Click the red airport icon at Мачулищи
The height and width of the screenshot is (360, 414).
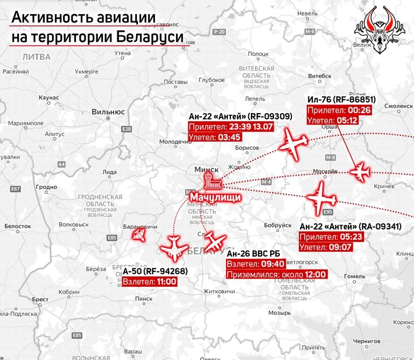[x=207, y=181]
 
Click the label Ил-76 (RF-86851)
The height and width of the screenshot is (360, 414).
[x=341, y=100]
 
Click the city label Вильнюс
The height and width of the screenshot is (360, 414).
[x=108, y=112]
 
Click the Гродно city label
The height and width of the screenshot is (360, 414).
[x=46, y=187]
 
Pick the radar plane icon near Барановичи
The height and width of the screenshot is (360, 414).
[x=141, y=234]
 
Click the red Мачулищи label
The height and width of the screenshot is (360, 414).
[x=214, y=198]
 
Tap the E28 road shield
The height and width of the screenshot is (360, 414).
[x=127, y=129]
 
